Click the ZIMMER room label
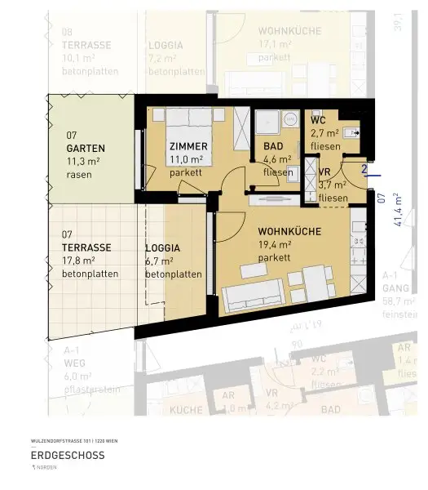(188, 146)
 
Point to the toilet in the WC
(351, 131)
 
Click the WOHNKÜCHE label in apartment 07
(294, 231)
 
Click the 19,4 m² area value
(276, 244)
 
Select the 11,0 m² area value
(187, 160)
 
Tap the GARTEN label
(86, 149)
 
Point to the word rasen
(78, 175)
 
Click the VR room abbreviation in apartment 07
(324, 172)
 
